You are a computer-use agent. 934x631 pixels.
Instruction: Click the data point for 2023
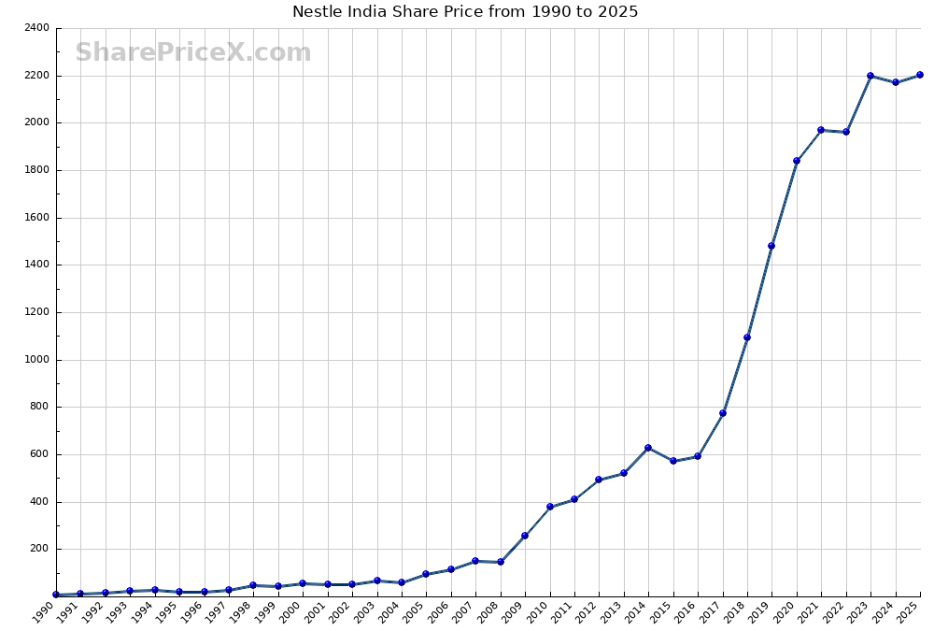(870, 76)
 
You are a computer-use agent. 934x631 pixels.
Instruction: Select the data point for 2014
(648, 448)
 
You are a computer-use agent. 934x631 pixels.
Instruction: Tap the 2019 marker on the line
(771, 246)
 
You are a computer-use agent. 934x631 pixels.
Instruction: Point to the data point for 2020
(797, 161)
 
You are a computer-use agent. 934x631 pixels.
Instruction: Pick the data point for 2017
(723, 413)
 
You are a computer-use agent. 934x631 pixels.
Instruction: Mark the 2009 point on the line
(525, 536)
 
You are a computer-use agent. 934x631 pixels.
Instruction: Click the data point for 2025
(920, 75)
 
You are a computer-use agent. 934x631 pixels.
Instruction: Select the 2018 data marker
(747, 337)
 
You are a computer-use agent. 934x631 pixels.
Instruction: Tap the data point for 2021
(821, 130)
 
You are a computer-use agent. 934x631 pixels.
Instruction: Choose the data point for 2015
(672, 461)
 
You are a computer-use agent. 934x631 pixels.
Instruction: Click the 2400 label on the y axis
(38, 28)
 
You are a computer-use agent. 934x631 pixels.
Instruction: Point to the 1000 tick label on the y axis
(38, 360)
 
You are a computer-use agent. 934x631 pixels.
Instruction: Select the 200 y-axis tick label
(41, 549)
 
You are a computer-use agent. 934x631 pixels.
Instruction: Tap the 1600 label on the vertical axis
(38, 218)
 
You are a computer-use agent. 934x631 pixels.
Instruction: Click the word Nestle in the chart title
(318, 12)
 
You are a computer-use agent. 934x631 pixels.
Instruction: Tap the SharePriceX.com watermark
(193, 52)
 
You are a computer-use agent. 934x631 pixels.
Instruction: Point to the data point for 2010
(550, 507)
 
